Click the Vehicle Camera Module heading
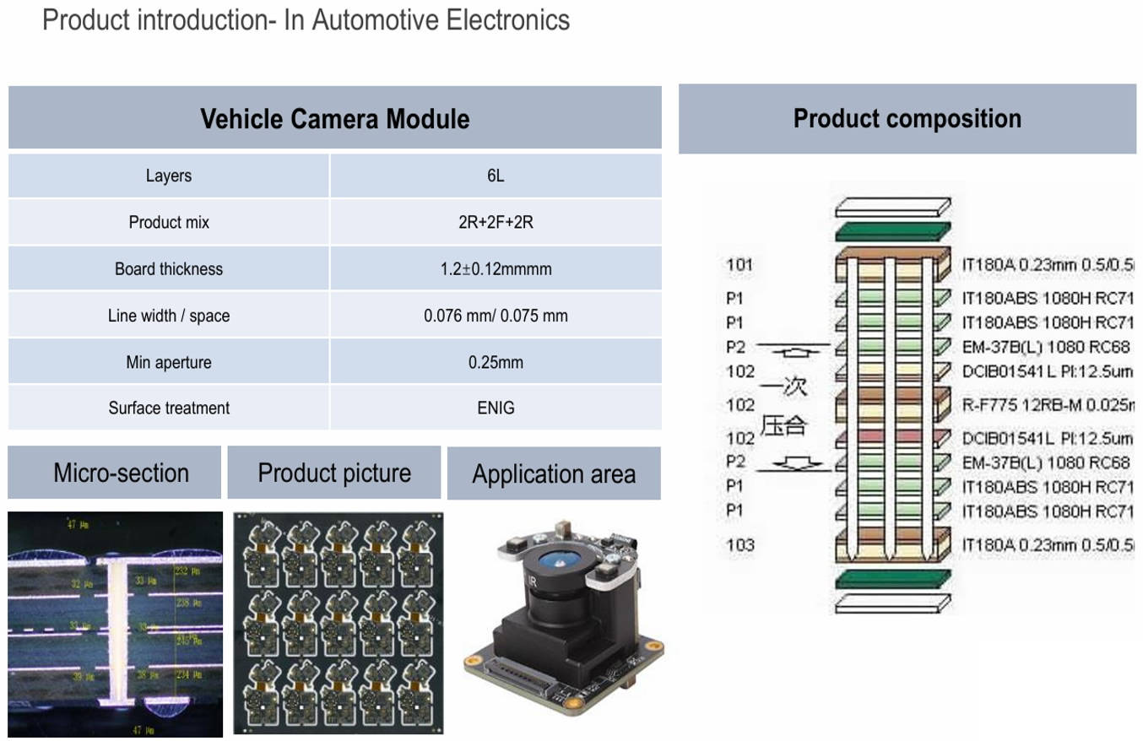(x=334, y=118)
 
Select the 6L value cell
(x=496, y=176)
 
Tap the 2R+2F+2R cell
(x=496, y=223)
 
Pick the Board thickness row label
(x=169, y=269)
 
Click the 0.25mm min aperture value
(x=496, y=363)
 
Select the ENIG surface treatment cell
(x=496, y=408)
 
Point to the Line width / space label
(x=169, y=316)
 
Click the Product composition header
(x=907, y=118)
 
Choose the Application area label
(x=553, y=474)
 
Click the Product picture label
(x=334, y=473)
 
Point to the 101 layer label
(x=739, y=265)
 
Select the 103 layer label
(x=739, y=544)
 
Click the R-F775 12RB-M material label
(x=1047, y=405)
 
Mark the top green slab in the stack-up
(x=892, y=230)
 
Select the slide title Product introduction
(x=306, y=19)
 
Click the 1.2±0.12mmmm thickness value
(x=496, y=269)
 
